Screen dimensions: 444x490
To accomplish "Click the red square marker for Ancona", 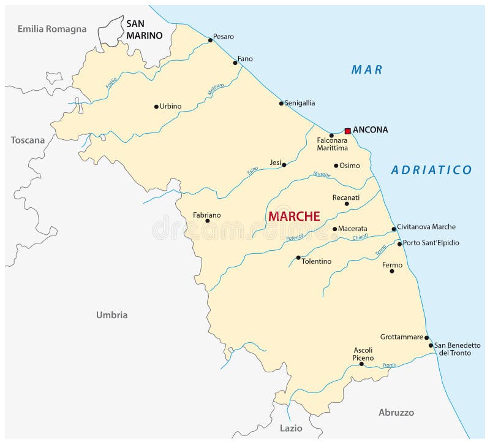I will (x=347, y=131).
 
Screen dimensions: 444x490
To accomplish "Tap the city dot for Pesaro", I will (x=210, y=40).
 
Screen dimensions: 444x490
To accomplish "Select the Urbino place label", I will (x=170, y=106).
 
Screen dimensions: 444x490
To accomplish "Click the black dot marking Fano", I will (x=235, y=63).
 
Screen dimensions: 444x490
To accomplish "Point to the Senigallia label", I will (x=300, y=103).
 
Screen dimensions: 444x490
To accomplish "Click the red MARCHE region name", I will (x=294, y=216).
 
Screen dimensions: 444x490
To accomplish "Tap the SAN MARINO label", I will (x=145, y=29).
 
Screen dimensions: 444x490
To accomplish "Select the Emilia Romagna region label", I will (x=52, y=29).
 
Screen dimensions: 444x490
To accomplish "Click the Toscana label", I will (x=28, y=140).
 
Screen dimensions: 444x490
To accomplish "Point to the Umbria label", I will (x=111, y=315).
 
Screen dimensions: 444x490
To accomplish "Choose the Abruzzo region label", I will (x=396, y=412).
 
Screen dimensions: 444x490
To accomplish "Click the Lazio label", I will (x=291, y=428).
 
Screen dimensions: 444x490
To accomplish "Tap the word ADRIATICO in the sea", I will (x=431, y=170).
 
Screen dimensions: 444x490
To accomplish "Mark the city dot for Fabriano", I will (x=208, y=221).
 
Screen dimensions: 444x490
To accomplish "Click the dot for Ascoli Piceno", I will (x=361, y=364).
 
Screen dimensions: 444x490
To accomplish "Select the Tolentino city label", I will (x=317, y=261).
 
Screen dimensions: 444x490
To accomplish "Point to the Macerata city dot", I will (x=335, y=229).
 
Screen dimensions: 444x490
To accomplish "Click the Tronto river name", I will (x=390, y=365).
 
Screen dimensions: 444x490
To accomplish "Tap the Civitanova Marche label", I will (x=426, y=227).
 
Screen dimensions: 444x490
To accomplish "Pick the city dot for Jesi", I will (x=284, y=164).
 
